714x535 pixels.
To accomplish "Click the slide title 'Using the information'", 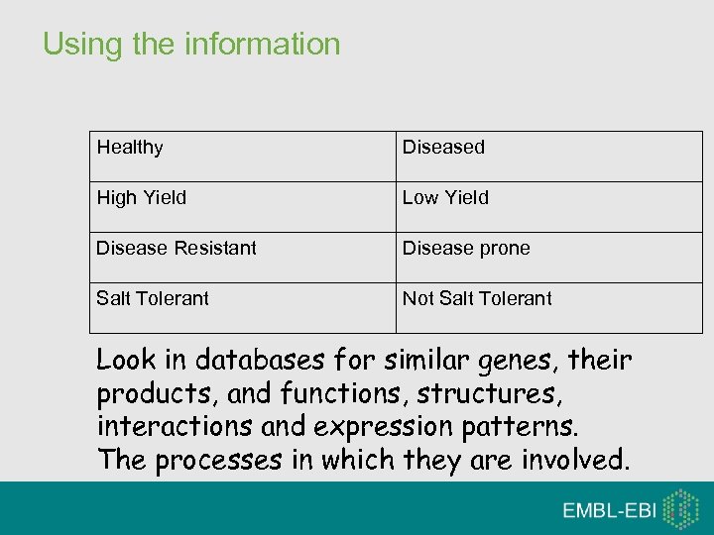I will [191, 45].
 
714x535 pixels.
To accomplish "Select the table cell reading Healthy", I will [130, 148].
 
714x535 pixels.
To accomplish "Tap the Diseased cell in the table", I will [443, 148].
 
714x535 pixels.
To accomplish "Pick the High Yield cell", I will [141, 198].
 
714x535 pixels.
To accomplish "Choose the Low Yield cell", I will [445, 198].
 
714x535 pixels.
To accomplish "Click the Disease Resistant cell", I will [177, 249].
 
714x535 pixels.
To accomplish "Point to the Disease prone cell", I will [466, 249].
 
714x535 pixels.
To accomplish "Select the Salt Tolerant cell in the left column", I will [153, 299].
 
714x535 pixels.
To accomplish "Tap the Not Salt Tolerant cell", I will [477, 299].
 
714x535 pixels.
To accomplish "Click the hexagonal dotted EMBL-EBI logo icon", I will [680, 509].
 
